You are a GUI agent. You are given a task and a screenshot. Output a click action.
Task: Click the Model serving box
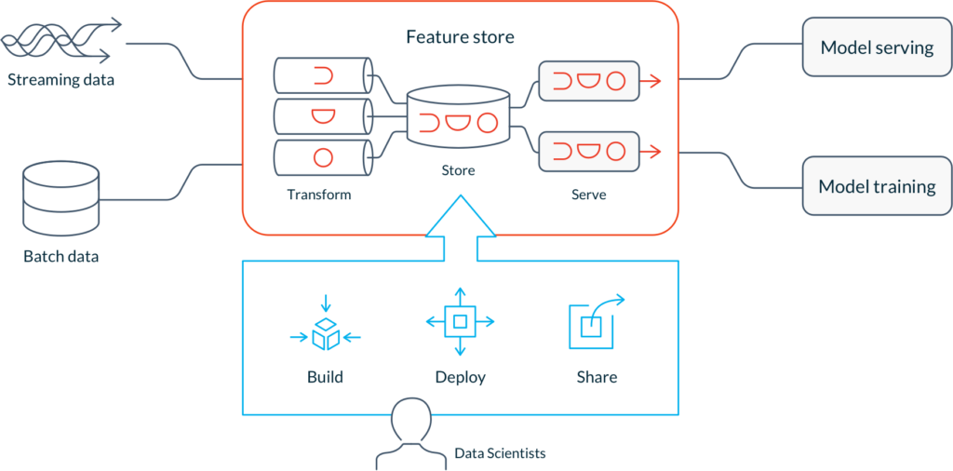(877, 47)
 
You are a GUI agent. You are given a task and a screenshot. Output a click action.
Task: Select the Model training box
(877, 186)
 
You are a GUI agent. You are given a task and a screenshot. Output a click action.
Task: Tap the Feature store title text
(460, 37)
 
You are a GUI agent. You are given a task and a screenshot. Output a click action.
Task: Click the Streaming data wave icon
(60, 41)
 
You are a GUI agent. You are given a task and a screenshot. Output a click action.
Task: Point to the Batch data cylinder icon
(60, 200)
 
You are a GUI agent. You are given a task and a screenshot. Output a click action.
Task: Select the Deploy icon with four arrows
(460, 321)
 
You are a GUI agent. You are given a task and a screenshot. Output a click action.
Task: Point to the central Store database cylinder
(458, 116)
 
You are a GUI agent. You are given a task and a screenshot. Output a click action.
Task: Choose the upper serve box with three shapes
(589, 80)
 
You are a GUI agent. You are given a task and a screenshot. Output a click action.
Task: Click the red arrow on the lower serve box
(651, 152)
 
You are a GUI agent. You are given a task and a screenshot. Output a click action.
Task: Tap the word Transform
(319, 195)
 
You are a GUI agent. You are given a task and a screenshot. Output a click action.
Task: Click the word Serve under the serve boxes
(589, 195)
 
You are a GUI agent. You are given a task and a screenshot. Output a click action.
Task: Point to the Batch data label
(60, 257)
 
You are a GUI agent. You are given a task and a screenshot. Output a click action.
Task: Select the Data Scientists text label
(500, 453)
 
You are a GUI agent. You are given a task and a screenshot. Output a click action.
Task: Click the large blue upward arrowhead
(461, 216)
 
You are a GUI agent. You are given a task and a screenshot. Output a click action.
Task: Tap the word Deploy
(460, 377)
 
